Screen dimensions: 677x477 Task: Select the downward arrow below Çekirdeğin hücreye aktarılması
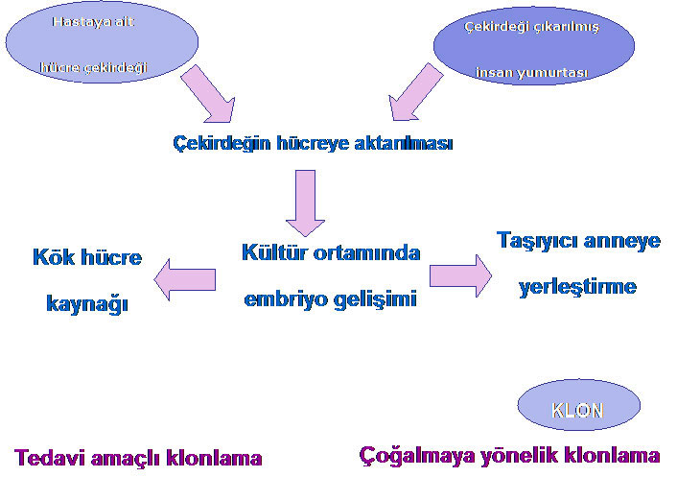click(305, 203)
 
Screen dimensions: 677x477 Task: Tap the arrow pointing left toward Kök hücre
click(185, 279)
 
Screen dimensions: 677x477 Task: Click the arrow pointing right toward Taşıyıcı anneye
click(460, 275)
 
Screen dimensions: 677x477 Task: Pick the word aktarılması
click(404, 143)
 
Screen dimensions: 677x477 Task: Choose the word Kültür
click(274, 252)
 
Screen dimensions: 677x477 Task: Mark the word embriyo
click(286, 299)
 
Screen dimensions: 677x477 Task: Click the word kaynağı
click(87, 303)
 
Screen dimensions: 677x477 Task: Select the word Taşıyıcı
click(537, 241)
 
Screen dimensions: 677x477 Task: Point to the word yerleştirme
click(577, 287)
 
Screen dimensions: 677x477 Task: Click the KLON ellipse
click(578, 405)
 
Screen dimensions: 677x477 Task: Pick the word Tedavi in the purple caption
click(50, 457)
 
